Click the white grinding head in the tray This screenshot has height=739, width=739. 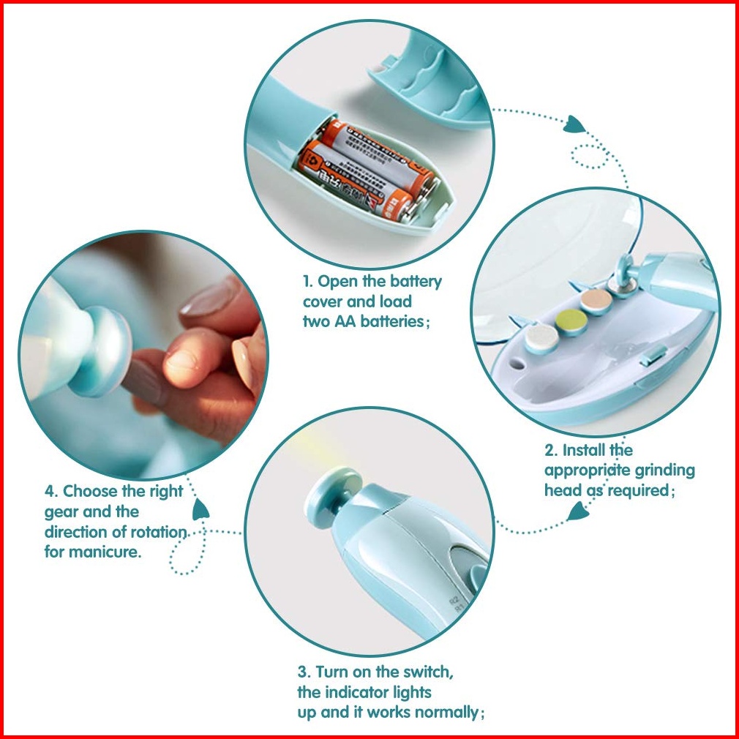(x=541, y=337)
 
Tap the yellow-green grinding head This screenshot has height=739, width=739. (x=571, y=321)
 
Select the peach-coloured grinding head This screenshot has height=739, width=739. (x=596, y=300)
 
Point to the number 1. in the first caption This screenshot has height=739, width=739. (x=308, y=282)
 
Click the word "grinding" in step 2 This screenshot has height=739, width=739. (x=664, y=470)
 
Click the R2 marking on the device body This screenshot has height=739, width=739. (x=454, y=601)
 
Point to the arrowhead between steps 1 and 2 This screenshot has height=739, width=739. (x=574, y=124)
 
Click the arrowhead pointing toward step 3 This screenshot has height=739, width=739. (x=578, y=511)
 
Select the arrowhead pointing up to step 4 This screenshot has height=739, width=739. (x=200, y=509)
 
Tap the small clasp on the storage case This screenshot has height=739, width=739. (x=653, y=355)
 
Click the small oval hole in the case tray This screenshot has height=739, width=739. (x=517, y=364)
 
